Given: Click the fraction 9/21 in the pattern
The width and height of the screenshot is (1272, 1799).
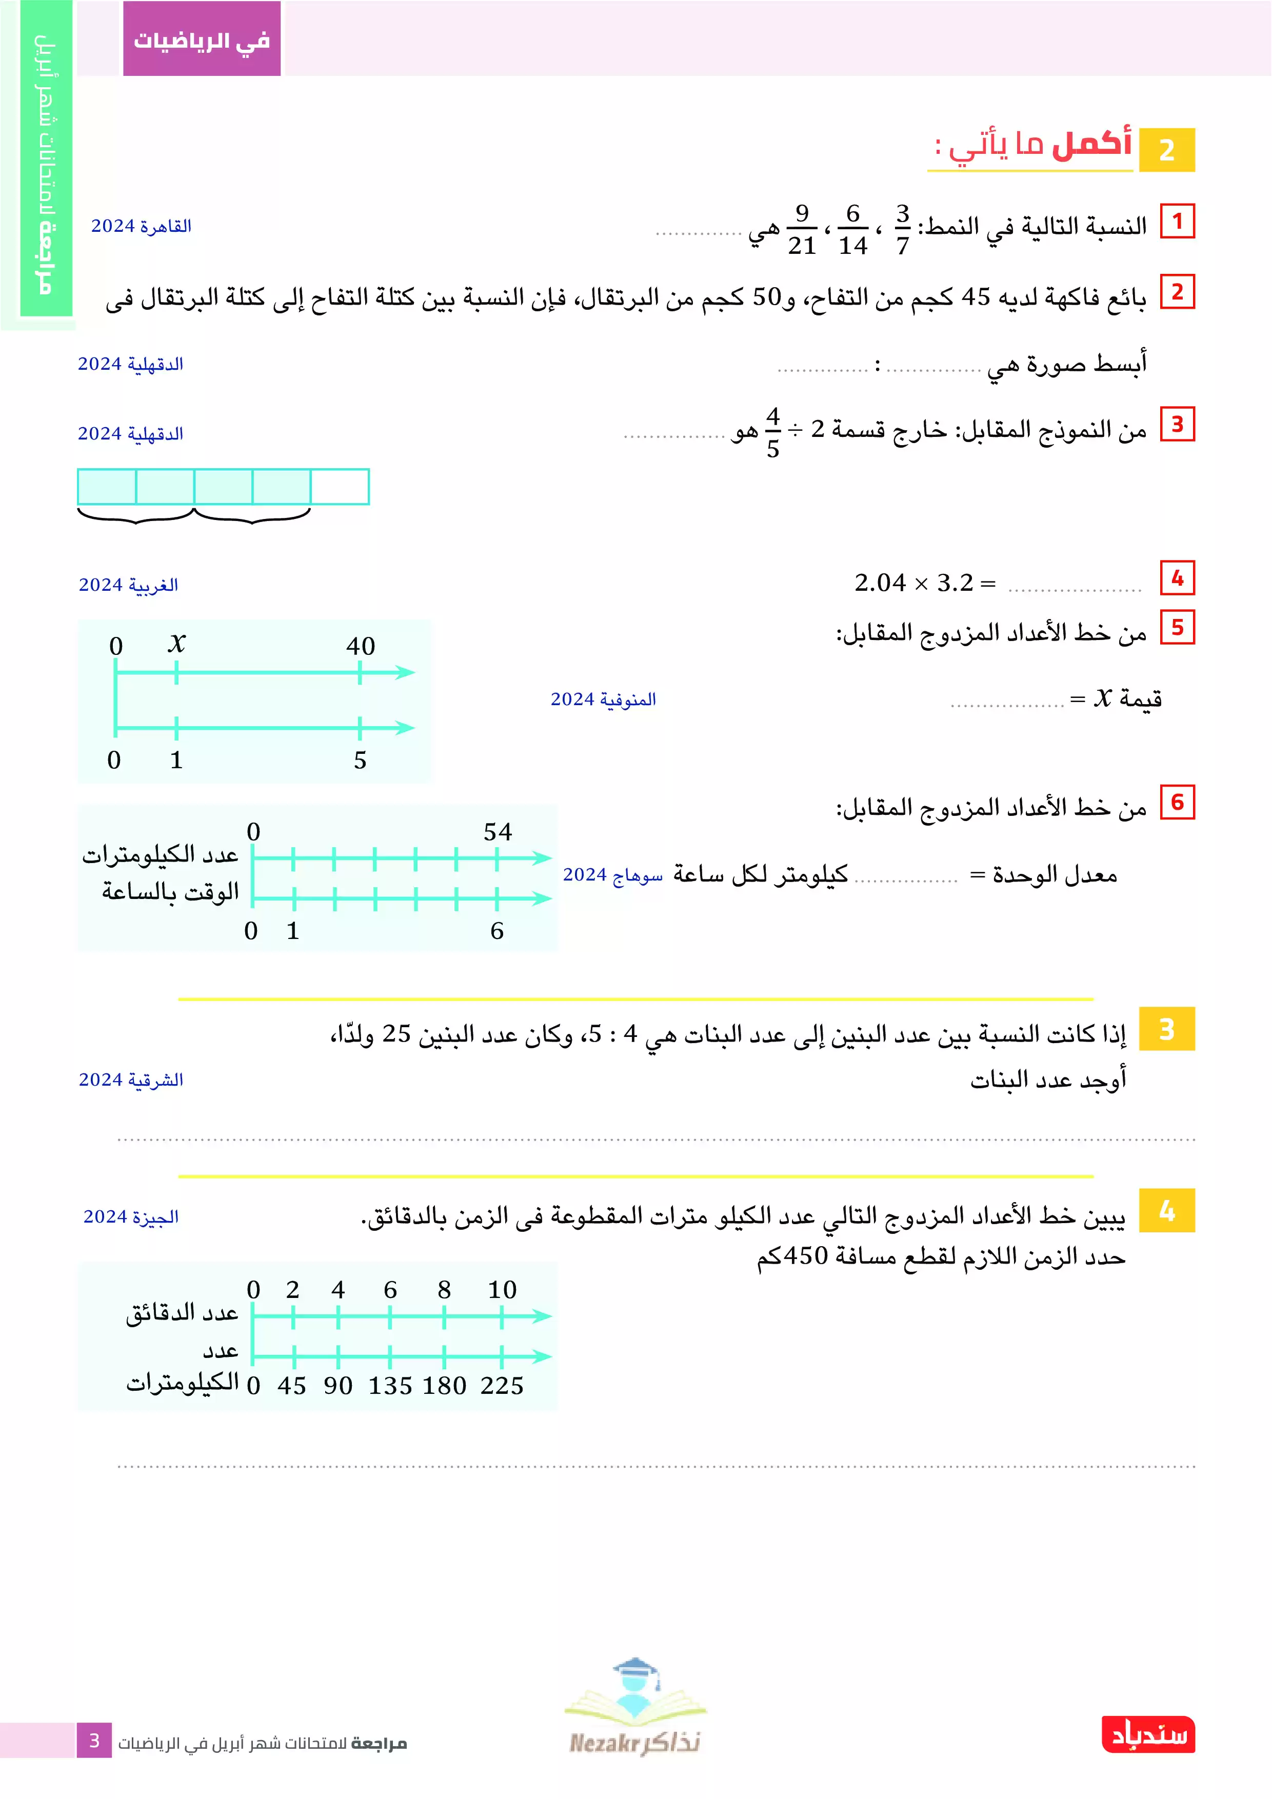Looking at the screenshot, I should [x=802, y=230].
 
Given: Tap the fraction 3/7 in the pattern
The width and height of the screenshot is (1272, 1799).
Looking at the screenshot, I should [x=902, y=230].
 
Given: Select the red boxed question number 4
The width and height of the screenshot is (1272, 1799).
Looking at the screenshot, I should [x=1177, y=578].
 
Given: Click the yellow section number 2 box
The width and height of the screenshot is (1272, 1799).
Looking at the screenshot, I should [x=1166, y=150].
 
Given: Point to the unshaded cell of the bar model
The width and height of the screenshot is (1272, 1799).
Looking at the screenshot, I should [x=340, y=487].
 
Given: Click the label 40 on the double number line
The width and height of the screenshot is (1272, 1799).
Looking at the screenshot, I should [x=361, y=646].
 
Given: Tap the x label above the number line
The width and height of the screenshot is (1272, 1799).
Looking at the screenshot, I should [x=176, y=643].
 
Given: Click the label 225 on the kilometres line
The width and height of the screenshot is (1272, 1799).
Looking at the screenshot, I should [x=502, y=1385].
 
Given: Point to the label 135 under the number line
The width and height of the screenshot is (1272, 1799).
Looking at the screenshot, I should [x=390, y=1385].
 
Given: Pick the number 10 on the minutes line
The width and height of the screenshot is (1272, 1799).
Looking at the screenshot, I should [x=502, y=1290].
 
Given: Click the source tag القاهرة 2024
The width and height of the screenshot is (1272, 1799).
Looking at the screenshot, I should [x=141, y=227].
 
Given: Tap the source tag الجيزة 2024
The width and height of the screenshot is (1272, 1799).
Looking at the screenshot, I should [x=131, y=1217].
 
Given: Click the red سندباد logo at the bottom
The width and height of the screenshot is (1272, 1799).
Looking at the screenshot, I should [x=1148, y=1735].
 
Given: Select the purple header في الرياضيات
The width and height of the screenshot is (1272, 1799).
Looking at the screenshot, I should [x=202, y=39].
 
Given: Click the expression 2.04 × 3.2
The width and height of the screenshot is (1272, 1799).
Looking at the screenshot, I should [x=914, y=583].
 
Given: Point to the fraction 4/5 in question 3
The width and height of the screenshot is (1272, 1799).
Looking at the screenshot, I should [x=773, y=432].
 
